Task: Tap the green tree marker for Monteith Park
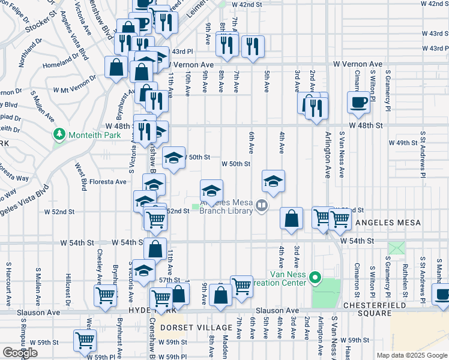[x=59, y=133]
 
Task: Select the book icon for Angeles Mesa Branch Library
[x=261, y=206]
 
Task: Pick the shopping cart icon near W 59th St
[x=85, y=340]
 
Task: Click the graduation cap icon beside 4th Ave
[x=273, y=181]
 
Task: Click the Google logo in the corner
[x=20, y=353]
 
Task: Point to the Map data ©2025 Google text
[x=412, y=355]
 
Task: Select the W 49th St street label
[x=403, y=143]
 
